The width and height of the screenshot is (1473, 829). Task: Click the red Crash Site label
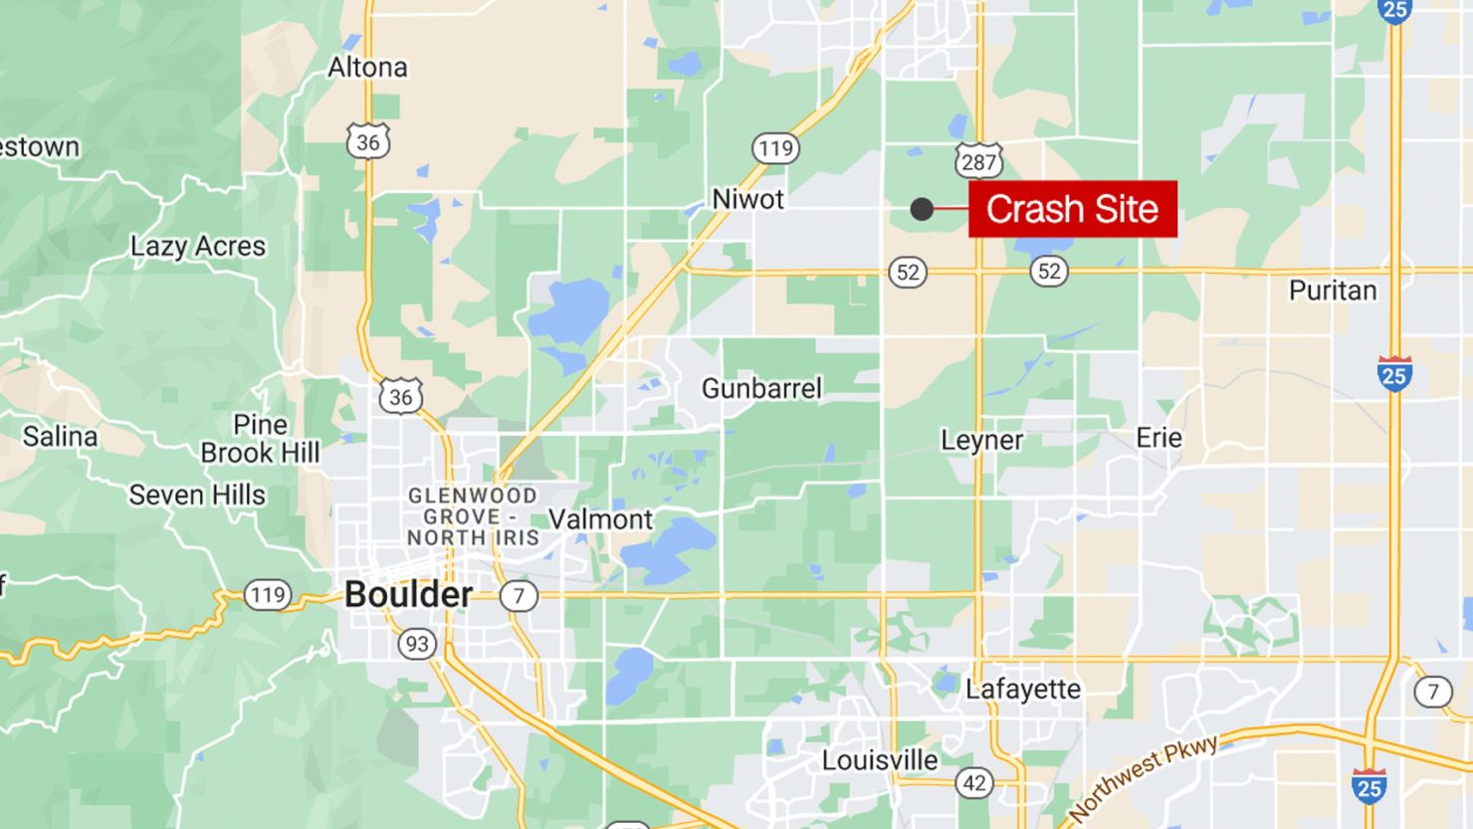(1073, 209)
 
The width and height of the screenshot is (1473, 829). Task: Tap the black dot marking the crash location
(922, 209)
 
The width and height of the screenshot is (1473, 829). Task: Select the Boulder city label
(408, 594)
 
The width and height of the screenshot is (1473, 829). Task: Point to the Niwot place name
(747, 199)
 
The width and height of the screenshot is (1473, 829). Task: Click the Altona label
(367, 68)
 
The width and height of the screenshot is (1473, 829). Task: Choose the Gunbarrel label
(761, 388)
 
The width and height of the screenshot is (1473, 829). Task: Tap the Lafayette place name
(1022, 689)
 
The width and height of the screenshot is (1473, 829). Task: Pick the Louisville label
(879, 760)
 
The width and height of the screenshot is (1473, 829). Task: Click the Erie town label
(1158, 438)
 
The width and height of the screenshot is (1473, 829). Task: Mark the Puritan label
(1332, 291)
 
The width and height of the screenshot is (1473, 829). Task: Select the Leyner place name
(981, 440)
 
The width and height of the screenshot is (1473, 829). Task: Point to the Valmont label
(600, 519)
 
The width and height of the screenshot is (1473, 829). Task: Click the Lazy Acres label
(198, 247)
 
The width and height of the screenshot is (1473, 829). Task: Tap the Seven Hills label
(197, 495)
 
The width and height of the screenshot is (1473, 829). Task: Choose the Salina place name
(60, 437)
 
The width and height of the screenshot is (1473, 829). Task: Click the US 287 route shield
(978, 161)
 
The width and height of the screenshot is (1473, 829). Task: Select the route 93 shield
(417, 644)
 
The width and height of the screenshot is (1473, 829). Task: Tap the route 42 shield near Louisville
(974, 783)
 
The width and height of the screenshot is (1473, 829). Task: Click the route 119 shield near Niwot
(775, 149)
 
